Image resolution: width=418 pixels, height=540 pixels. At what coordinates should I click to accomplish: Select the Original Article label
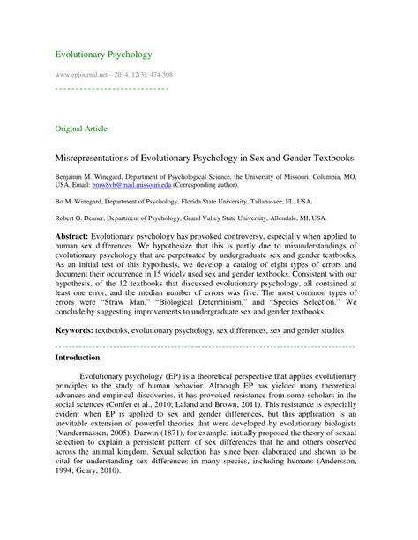click(81, 128)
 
